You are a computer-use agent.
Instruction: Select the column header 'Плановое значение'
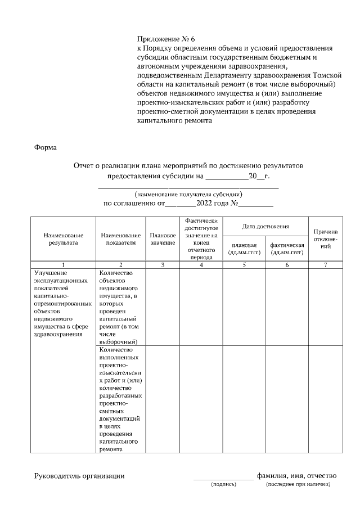pos(163,238)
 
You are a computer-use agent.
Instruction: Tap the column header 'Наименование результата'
pos(63,238)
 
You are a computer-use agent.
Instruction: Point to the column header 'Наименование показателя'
pos(120,238)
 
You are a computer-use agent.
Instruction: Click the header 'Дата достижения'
pos(265,226)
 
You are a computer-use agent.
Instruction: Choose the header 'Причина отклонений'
pos(326,239)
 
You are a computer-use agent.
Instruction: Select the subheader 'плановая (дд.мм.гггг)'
pos(244,249)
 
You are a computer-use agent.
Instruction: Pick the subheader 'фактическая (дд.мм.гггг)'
pos(287,249)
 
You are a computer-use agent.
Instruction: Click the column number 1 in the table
pos(63,264)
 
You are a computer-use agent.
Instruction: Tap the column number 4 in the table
pos(201,264)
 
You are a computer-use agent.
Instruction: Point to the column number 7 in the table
pos(326,264)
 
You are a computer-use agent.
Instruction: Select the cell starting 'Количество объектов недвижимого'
pos(119,307)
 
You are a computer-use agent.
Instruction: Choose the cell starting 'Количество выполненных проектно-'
pos(120,399)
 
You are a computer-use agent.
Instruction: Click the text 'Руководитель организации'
pos(79,476)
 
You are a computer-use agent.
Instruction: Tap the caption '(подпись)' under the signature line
pos(223,484)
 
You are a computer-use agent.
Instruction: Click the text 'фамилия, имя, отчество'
pos(296,476)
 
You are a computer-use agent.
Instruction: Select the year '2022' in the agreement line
pos(205,204)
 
